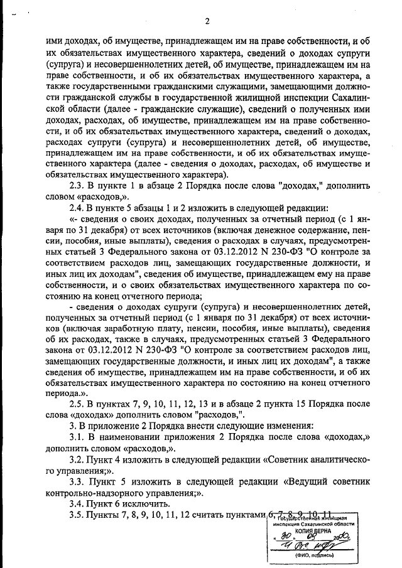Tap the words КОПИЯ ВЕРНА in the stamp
coord(315,530)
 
